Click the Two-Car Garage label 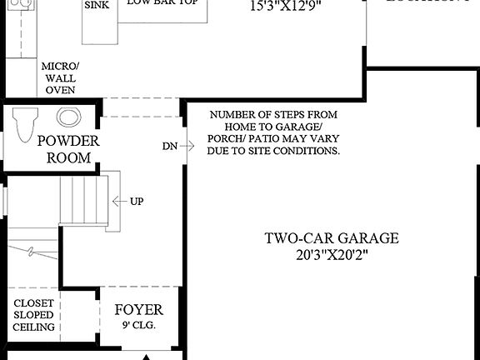coord(332,238)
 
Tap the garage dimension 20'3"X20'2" coord(332,254)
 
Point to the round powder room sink coord(68,117)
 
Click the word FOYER coord(139,310)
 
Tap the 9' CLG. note coord(139,325)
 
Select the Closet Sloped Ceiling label coord(34,315)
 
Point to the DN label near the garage coord(170,146)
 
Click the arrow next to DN coord(187,146)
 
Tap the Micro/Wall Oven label coord(59,77)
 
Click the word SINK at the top coord(97,4)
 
